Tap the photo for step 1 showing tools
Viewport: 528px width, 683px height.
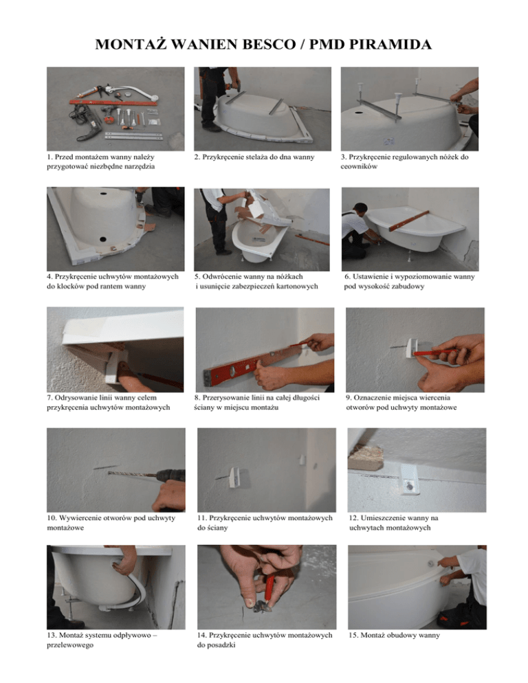click(x=115, y=109)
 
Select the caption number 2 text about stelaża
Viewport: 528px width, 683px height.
click(x=254, y=157)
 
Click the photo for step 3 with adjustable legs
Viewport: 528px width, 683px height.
click(x=410, y=109)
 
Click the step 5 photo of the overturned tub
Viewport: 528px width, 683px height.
click(x=262, y=229)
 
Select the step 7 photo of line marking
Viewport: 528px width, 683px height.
click(x=115, y=349)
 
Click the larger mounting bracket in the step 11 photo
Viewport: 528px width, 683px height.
click(x=234, y=478)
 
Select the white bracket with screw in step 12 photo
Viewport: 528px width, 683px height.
click(x=409, y=480)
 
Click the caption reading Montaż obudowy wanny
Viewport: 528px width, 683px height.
click(x=394, y=635)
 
